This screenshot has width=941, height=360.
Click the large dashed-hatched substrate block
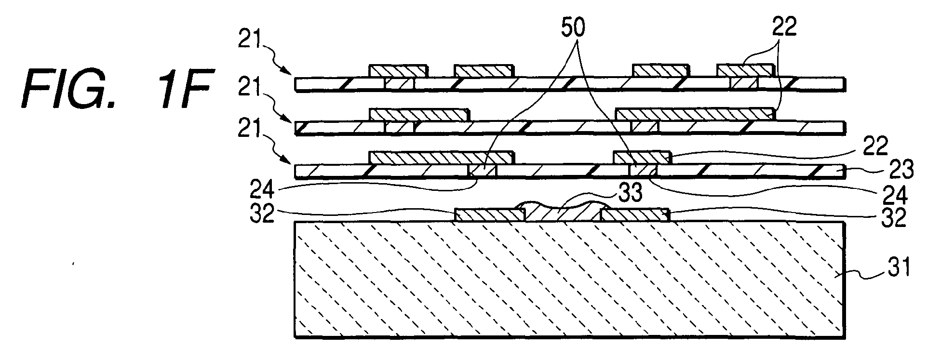[x=569, y=279]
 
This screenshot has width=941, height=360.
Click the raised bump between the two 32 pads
[x=562, y=212]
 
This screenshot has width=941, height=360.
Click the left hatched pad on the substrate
[x=490, y=215]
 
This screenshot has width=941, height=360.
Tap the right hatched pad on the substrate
[x=634, y=215]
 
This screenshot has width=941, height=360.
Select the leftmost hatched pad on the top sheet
[x=398, y=70]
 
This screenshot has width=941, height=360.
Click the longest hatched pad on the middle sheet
[x=695, y=114]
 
